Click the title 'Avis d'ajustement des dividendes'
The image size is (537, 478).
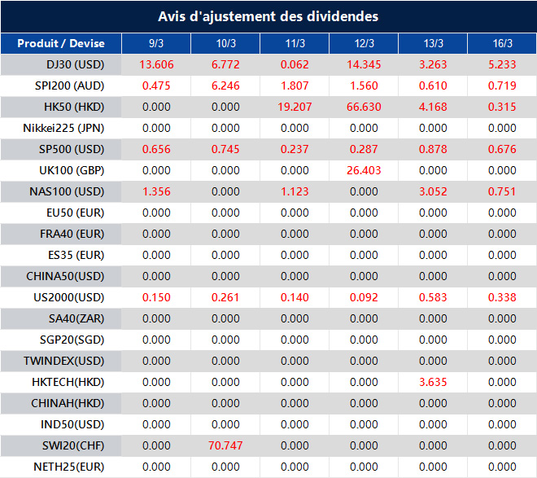(268, 16)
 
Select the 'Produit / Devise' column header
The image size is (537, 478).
(61, 43)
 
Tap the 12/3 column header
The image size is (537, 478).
(364, 43)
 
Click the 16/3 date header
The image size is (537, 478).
(502, 43)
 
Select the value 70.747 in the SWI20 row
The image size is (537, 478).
(225, 445)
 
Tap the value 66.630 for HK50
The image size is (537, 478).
(364, 107)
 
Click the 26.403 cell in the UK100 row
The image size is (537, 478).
(364, 170)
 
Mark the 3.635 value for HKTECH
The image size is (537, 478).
(433, 382)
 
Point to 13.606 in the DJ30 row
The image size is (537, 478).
(156, 64)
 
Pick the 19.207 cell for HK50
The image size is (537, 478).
(295, 107)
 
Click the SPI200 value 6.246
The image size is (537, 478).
(225, 86)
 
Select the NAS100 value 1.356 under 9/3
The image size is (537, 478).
(156, 191)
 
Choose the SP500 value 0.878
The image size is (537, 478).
(433, 149)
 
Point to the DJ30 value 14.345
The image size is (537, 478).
(364, 64)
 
